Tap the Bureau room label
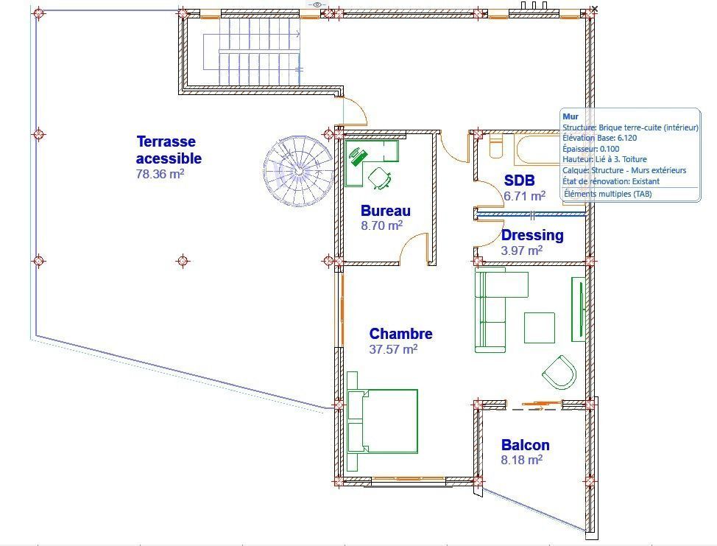coord(386,211)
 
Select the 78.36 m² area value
coord(160,174)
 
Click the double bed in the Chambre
coord(382,421)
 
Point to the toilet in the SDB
coord(496,145)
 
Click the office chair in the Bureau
coord(380,178)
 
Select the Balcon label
coord(526,445)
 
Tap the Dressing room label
coord(532,235)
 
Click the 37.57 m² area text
coord(393,349)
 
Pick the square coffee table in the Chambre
coord(539,328)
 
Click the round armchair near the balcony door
coord(559,372)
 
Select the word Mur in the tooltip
coord(571,116)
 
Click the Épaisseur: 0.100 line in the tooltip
coord(591,149)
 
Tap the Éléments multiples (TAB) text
coord(608,194)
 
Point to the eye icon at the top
coord(317,4)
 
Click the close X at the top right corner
coord(594,8)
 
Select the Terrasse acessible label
coord(169,150)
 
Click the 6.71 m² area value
coord(524,196)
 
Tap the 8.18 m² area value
coord(522,460)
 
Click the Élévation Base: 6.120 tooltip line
coord(599,138)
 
